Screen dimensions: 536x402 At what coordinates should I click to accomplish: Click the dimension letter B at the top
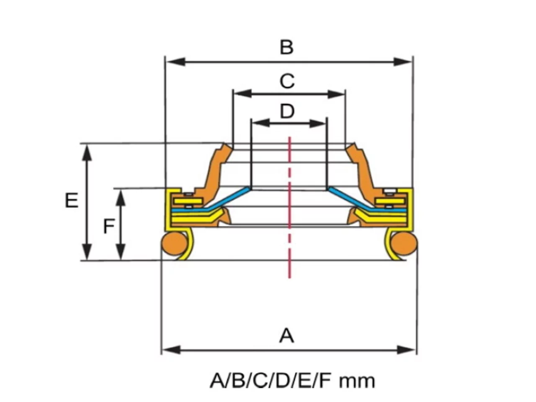(286, 47)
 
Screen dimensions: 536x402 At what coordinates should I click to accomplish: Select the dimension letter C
(287, 81)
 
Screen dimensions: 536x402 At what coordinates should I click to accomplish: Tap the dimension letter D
(287, 111)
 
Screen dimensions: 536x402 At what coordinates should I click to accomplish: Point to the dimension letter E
(72, 201)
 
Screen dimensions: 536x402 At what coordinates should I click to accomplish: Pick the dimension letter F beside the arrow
(109, 227)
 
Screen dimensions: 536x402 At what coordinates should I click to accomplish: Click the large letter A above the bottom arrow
(286, 336)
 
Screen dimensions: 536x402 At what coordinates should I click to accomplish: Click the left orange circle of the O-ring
(175, 243)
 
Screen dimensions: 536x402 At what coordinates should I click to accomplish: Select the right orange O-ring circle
(404, 243)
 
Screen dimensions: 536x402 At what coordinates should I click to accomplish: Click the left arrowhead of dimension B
(175, 62)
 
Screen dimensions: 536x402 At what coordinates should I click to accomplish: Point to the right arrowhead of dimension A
(406, 350)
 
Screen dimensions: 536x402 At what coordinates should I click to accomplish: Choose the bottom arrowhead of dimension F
(120, 252)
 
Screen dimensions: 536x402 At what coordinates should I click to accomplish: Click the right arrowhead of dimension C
(335, 94)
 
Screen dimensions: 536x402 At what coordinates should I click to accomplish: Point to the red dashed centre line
(289, 207)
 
